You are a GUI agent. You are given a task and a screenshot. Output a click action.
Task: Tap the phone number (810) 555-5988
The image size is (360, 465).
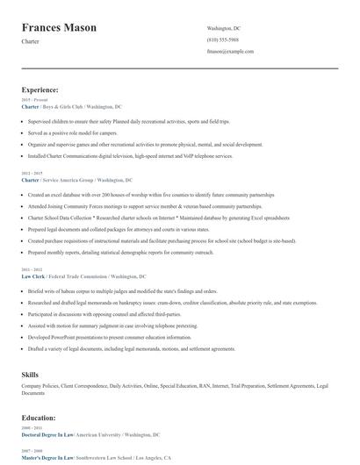point(222,40)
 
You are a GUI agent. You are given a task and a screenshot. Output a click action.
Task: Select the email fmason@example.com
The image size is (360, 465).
point(230,52)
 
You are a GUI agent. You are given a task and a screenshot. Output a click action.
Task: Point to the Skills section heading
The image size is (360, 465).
point(31,375)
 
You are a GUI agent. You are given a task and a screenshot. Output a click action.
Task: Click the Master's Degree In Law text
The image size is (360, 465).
point(47,458)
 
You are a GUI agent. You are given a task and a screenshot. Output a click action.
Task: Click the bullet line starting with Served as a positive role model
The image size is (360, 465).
point(72,132)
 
